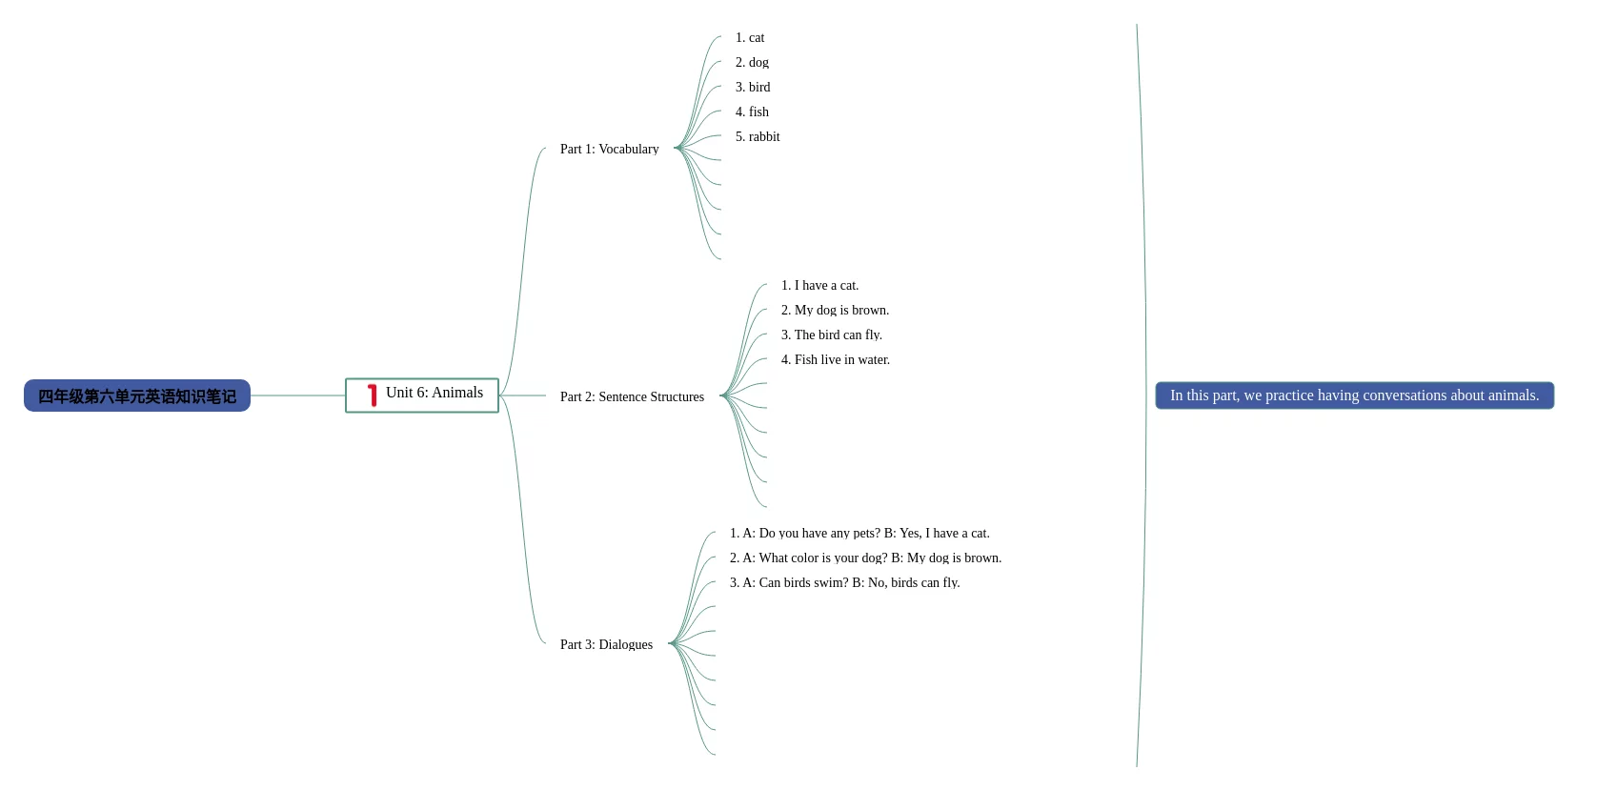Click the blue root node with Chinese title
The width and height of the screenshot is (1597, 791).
coord(137,395)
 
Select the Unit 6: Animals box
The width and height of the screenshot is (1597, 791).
coord(422,395)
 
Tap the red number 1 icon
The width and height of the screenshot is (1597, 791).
coord(372,395)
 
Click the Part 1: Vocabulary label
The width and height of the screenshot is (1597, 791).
coord(609,150)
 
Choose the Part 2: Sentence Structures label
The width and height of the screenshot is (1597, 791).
coord(632,397)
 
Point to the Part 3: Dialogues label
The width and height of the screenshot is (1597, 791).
coord(606,645)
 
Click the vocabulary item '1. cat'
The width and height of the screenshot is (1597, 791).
coord(750,38)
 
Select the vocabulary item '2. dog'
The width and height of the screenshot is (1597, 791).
coord(752,63)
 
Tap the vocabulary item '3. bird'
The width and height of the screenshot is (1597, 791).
coord(753,88)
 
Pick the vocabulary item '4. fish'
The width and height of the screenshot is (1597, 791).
coord(752,112)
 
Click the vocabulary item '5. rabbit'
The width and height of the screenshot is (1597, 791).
coord(758,137)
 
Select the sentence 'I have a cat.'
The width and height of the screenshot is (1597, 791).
coord(819,286)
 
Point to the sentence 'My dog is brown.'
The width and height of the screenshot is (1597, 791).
coord(835,311)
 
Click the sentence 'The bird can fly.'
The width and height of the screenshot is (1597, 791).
coord(832,335)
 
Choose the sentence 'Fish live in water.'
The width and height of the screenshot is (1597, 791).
coord(836,360)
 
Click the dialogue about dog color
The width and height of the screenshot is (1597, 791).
coord(865,558)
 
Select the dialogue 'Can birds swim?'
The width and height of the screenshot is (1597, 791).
coord(844,583)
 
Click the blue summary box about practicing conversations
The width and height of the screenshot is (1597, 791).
coord(1354,395)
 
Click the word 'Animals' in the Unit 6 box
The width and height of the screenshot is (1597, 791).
coord(457,393)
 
